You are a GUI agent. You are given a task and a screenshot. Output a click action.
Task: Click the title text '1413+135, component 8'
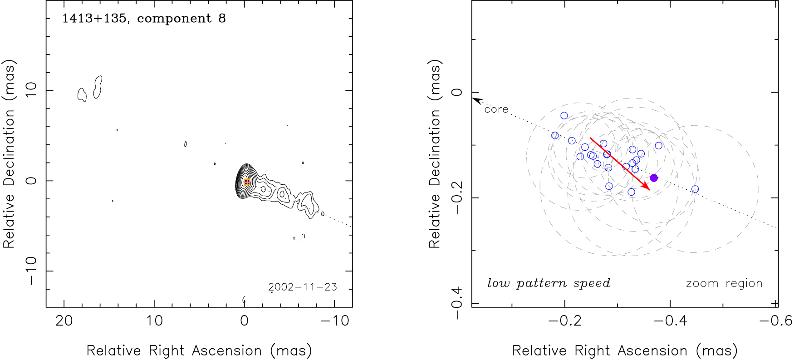tap(144, 19)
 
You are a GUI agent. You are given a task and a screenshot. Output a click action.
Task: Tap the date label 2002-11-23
tap(303, 287)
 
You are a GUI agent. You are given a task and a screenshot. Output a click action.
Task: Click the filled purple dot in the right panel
tap(654, 178)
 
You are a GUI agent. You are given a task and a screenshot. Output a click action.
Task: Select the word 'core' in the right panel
tap(496, 109)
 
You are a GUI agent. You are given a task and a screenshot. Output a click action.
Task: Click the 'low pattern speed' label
tap(549, 283)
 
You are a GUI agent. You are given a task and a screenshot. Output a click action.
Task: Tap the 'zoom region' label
tap(724, 283)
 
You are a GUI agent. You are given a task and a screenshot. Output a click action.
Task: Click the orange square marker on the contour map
tap(247, 182)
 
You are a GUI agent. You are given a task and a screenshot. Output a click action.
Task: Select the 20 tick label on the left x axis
tap(64, 321)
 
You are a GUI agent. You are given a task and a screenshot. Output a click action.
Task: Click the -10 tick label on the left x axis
tap(335, 321)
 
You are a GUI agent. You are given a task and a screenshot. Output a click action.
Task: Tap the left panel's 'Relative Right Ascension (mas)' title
tap(199, 350)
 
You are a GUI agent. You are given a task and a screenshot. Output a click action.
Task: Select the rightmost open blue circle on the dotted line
tap(695, 189)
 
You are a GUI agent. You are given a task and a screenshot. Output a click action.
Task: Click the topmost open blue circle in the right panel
tap(564, 116)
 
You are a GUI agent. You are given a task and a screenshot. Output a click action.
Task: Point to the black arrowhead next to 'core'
tap(476, 100)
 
